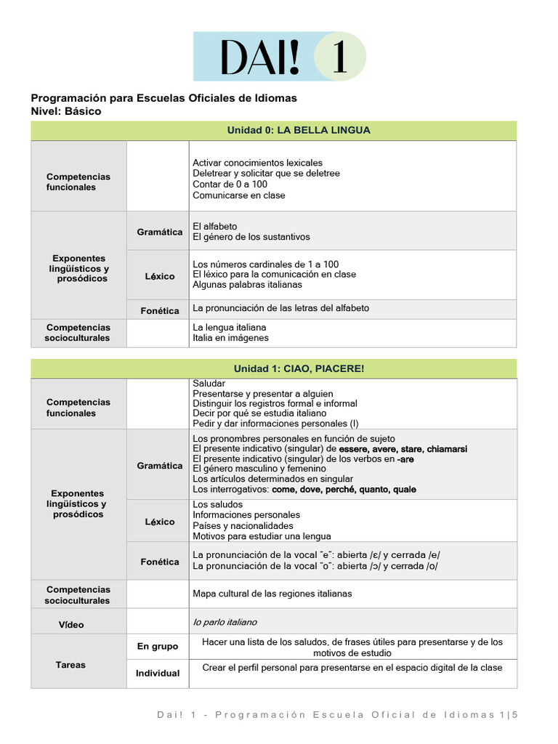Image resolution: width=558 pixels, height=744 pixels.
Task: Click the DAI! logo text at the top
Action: [259, 57]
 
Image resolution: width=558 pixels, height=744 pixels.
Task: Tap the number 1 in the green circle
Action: [339, 57]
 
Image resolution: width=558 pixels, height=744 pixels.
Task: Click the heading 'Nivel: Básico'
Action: [66, 112]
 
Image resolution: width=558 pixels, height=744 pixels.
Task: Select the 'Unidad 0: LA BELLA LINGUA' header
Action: [299, 130]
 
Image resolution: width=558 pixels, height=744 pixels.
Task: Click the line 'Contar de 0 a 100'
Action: [230, 185]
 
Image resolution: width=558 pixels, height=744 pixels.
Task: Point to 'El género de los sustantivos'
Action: [251, 237]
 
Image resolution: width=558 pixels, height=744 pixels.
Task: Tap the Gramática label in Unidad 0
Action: [160, 232]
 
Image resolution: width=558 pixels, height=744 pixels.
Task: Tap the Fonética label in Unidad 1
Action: [160, 562]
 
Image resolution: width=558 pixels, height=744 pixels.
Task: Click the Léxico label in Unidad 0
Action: [160, 276]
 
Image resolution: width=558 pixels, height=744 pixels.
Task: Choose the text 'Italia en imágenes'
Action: [230, 338]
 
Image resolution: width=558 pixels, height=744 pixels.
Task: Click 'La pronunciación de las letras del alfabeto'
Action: [280, 308]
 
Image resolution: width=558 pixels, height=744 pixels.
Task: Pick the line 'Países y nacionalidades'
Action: [243, 525]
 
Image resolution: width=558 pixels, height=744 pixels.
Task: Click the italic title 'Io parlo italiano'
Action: [225, 622]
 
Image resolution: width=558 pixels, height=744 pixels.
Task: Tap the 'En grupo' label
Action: [158, 646]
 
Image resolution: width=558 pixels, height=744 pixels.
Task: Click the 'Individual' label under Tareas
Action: [158, 673]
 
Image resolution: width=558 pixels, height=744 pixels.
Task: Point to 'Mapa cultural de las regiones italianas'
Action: [272, 594]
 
